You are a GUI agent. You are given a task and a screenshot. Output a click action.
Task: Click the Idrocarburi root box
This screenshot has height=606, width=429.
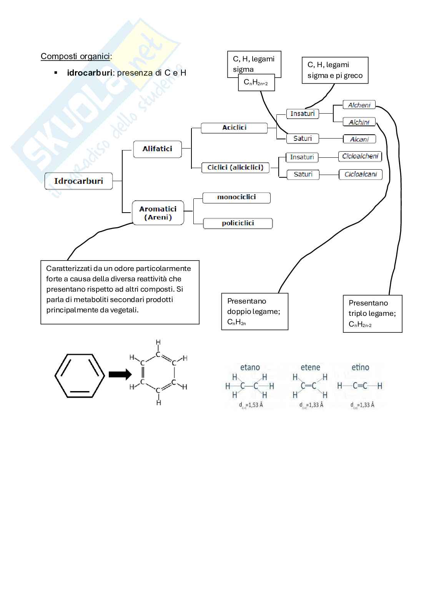point(78,181)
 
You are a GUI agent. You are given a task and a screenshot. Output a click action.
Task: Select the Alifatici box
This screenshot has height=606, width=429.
point(157,149)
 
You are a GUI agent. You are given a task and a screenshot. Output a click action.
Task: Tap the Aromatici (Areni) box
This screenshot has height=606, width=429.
point(158,213)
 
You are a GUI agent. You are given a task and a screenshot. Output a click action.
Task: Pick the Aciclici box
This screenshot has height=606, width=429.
point(234,128)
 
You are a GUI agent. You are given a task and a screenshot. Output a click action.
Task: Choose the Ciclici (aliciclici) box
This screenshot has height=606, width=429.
point(235,167)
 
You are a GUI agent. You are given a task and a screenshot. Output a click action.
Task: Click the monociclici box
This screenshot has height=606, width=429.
point(236,197)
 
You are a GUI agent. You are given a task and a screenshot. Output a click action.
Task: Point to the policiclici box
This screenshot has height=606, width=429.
point(238,223)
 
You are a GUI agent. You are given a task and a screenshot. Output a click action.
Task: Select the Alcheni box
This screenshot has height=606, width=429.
point(359,105)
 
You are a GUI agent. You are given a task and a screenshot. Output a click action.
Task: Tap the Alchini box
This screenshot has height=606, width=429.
point(359,122)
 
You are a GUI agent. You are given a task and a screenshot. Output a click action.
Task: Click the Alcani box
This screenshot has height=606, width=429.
point(359,139)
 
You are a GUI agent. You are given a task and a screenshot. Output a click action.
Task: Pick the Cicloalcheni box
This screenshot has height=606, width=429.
point(360,156)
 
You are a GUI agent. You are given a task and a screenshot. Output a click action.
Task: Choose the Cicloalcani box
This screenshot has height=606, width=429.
point(361,174)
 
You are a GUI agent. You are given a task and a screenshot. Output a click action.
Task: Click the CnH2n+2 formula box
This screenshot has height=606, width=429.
point(256,83)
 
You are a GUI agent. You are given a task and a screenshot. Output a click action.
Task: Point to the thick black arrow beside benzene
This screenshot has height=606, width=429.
point(120,374)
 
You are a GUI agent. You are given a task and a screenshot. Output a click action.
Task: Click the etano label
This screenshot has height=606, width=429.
point(250,367)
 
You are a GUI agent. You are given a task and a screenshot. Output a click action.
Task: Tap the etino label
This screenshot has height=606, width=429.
point(360,367)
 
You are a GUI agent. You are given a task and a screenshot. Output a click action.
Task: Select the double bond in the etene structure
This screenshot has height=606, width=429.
point(308,386)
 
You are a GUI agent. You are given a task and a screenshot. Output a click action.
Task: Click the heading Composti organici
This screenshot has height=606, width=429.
point(76,56)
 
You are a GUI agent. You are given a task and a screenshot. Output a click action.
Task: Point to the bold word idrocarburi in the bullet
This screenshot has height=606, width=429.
point(89,73)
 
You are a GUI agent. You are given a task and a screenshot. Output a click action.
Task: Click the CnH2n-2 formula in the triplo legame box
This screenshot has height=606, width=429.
point(360,325)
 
